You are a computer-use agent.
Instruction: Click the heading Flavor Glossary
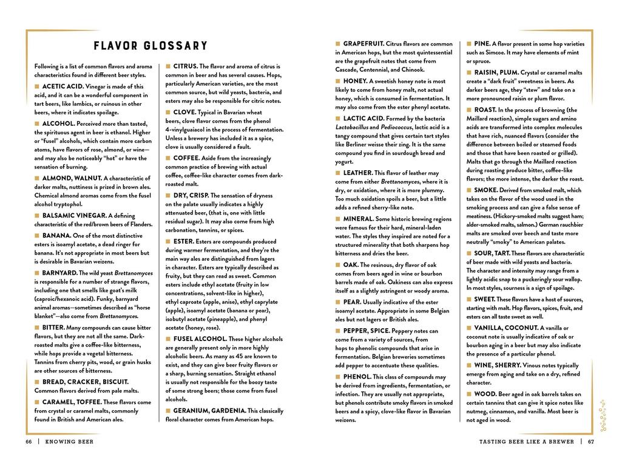(x=151, y=46)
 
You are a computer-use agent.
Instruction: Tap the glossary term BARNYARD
(x=59, y=273)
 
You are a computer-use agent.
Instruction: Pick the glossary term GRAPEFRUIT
(x=363, y=44)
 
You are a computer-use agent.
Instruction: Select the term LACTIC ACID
(x=363, y=119)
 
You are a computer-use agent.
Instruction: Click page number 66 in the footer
(x=29, y=441)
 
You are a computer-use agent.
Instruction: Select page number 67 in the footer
(x=590, y=441)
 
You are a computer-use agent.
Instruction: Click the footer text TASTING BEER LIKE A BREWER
(x=526, y=441)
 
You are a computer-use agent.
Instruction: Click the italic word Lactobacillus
(x=354, y=128)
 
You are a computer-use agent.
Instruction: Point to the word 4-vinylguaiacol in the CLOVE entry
(x=189, y=129)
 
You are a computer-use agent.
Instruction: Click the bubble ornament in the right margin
(x=603, y=414)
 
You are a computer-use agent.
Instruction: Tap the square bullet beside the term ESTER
(x=168, y=241)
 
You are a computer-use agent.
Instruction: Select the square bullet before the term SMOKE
(x=469, y=190)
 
